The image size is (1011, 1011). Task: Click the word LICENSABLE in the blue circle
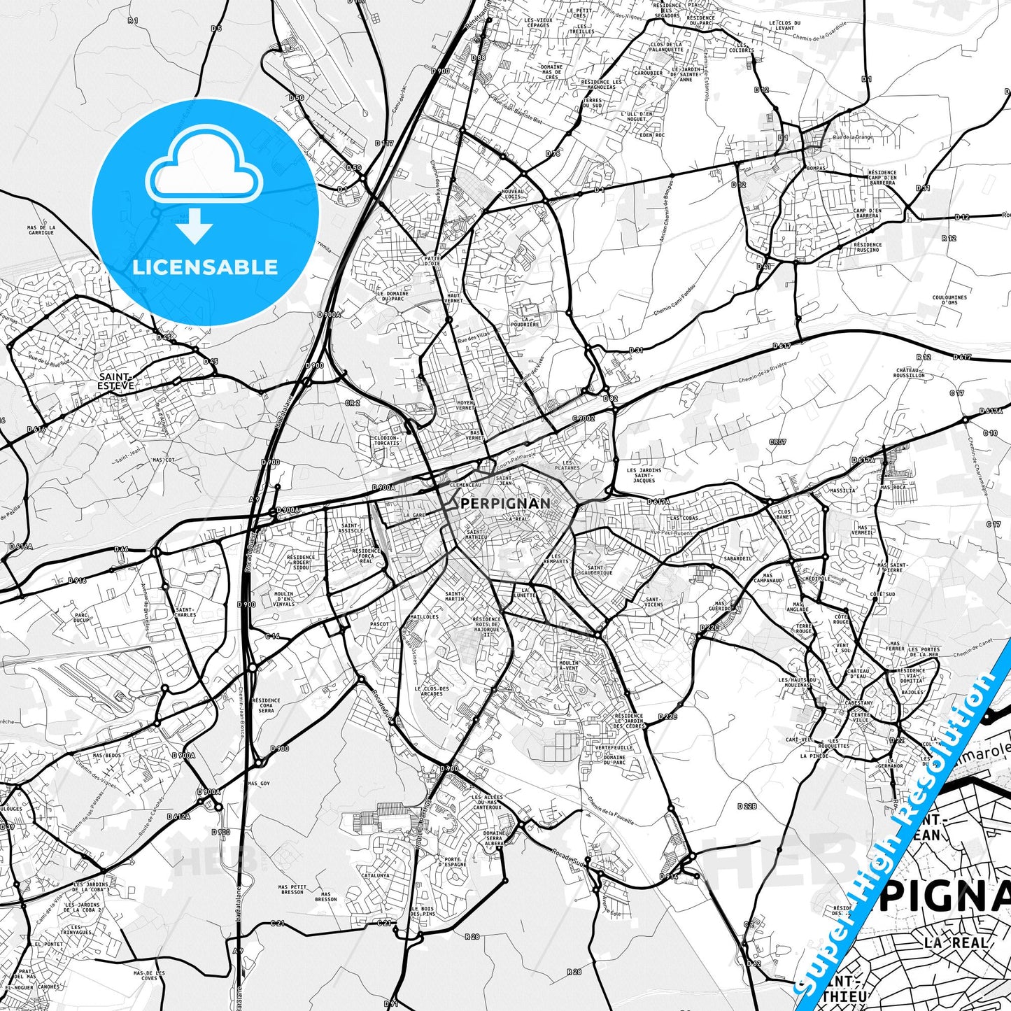(x=205, y=267)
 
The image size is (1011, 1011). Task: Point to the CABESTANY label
(x=858, y=703)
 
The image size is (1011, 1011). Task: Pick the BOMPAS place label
(x=816, y=169)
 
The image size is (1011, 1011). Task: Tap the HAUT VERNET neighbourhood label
(x=454, y=299)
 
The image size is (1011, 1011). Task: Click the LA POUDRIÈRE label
(x=525, y=321)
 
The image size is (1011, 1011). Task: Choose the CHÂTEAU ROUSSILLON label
(x=910, y=372)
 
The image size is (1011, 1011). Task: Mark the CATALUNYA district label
(x=376, y=875)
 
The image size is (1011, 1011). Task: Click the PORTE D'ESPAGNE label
(x=453, y=862)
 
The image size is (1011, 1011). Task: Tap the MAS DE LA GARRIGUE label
(x=41, y=230)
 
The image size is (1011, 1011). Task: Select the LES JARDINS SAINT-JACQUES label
(x=644, y=475)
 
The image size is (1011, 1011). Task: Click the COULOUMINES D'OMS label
(x=949, y=299)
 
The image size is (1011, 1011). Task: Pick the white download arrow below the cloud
(x=195, y=225)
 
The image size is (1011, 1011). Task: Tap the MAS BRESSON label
(x=325, y=896)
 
